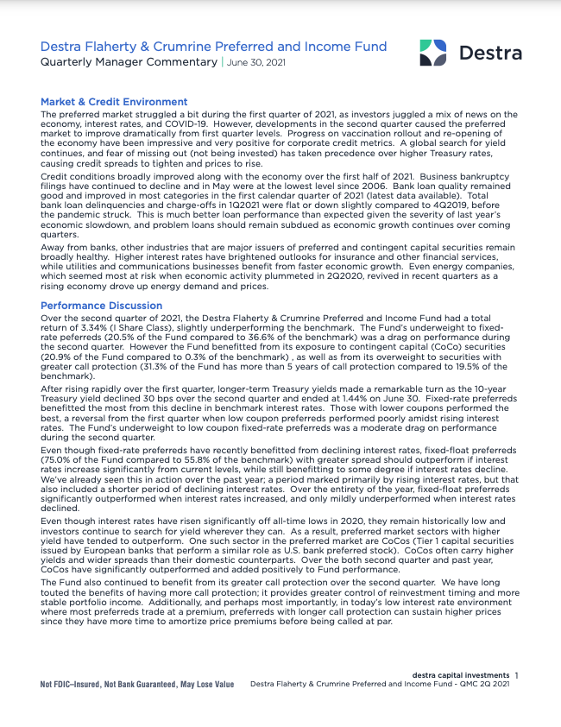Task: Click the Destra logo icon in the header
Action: [x=432, y=52]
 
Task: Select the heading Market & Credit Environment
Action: [x=114, y=102]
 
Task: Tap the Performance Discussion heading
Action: [x=101, y=306]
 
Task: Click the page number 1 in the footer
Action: [x=516, y=675]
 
